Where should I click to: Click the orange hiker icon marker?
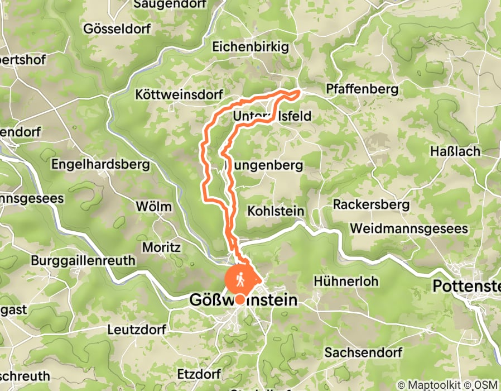tap(240, 278)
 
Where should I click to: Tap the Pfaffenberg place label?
tap(362, 89)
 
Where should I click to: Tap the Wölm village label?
tap(154, 206)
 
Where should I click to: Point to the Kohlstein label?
tap(275, 211)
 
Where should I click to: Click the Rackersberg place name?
tap(371, 204)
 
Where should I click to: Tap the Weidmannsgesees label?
tap(410, 229)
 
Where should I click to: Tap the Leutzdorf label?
tap(137, 329)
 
